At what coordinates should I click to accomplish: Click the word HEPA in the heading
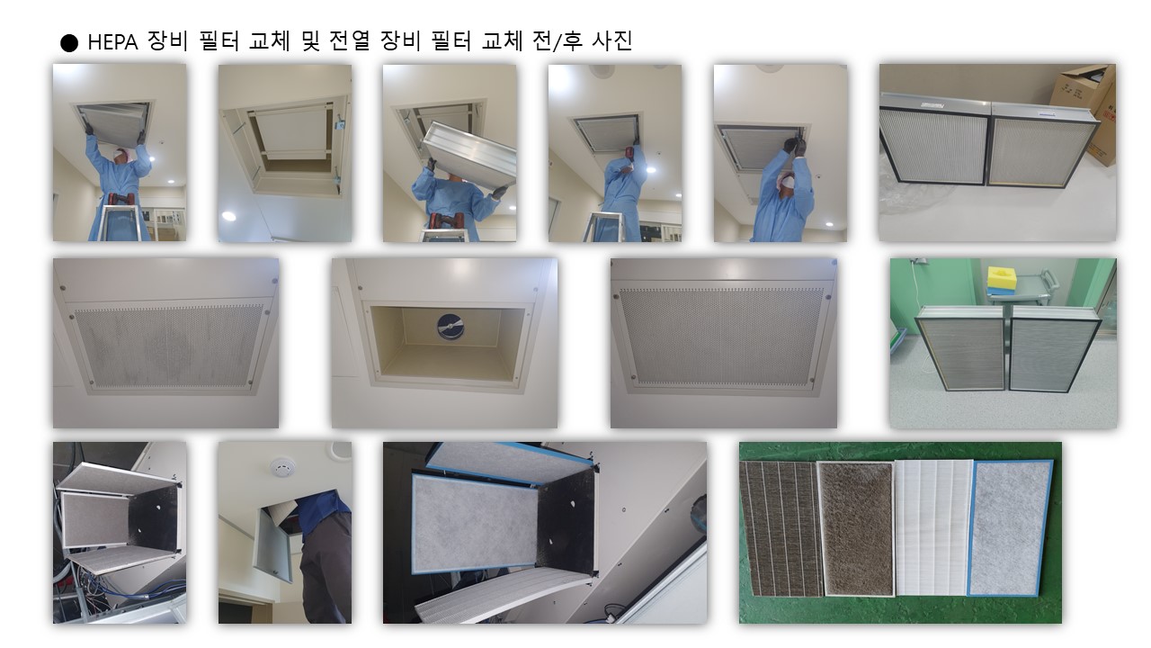coord(113,42)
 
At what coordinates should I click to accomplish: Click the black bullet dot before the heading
coord(69,43)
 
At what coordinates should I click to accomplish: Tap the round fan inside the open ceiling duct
coord(451,327)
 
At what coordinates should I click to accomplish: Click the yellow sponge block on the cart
coord(1002,278)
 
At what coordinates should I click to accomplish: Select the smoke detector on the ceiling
coord(282,467)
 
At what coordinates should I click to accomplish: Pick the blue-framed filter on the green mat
coord(1009,527)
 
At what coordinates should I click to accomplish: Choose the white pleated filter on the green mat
coord(933,527)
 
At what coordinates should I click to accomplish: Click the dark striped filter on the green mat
coord(781,528)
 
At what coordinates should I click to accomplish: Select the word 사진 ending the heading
coord(612,41)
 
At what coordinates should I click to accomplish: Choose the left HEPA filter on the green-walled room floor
coord(959,347)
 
